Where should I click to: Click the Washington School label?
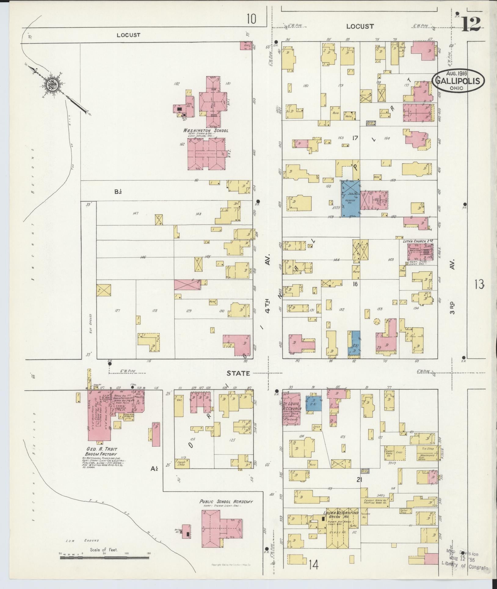click(x=205, y=131)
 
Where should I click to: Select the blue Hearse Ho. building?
click(x=350, y=199)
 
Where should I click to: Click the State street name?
click(x=238, y=373)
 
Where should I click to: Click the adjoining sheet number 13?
click(x=479, y=285)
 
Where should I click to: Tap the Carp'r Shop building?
click(x=182, y=472)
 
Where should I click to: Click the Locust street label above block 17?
click(x=360, y=27)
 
